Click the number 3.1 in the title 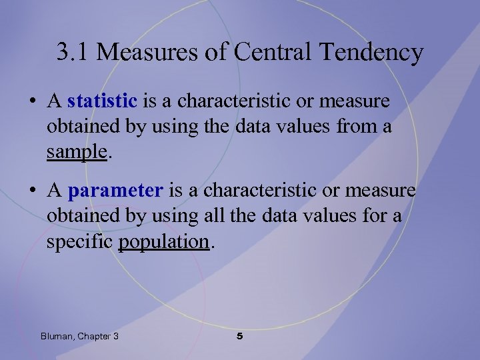(71, 51)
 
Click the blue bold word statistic (102, 101)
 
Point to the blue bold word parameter (115, 191)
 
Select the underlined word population (163, 241)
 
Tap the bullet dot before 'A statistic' (32, 102)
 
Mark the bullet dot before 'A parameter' (32, 192)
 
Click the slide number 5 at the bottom (240, 337)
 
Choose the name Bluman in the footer (57, 337)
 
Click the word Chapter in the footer (93, 337)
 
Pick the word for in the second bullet (372, 217)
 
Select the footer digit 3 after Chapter (116, 337)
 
